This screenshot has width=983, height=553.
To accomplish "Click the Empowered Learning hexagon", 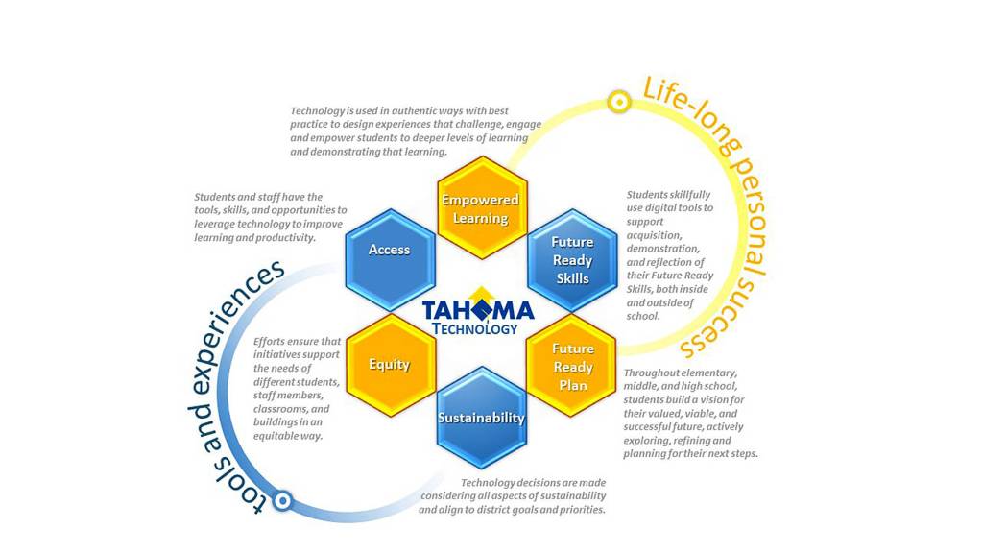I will click(x=481, y=208).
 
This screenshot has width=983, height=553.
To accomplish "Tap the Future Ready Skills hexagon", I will click(x=572, y=260).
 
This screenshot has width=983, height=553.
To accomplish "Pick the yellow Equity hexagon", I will click(x=390, y=365).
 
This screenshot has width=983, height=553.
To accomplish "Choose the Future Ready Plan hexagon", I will click(x=572, y=367).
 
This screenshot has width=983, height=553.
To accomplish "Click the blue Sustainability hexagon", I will click(x=481, y=418).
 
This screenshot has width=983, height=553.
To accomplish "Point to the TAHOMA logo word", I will click(x=478, y=311).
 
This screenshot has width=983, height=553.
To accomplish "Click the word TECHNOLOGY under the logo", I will click(x=475, y=329).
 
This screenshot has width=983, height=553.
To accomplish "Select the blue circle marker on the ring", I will click(x=282, y=500).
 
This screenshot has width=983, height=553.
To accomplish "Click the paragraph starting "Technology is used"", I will click(x=415, y=132).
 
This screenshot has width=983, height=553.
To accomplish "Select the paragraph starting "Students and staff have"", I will click(x=270, y=217).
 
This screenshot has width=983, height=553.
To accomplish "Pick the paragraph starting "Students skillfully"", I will click(x=670, y=254).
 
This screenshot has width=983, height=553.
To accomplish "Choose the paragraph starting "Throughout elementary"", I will click(x=689, y=413).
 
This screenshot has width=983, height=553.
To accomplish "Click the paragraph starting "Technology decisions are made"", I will click(x=513, y=496).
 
